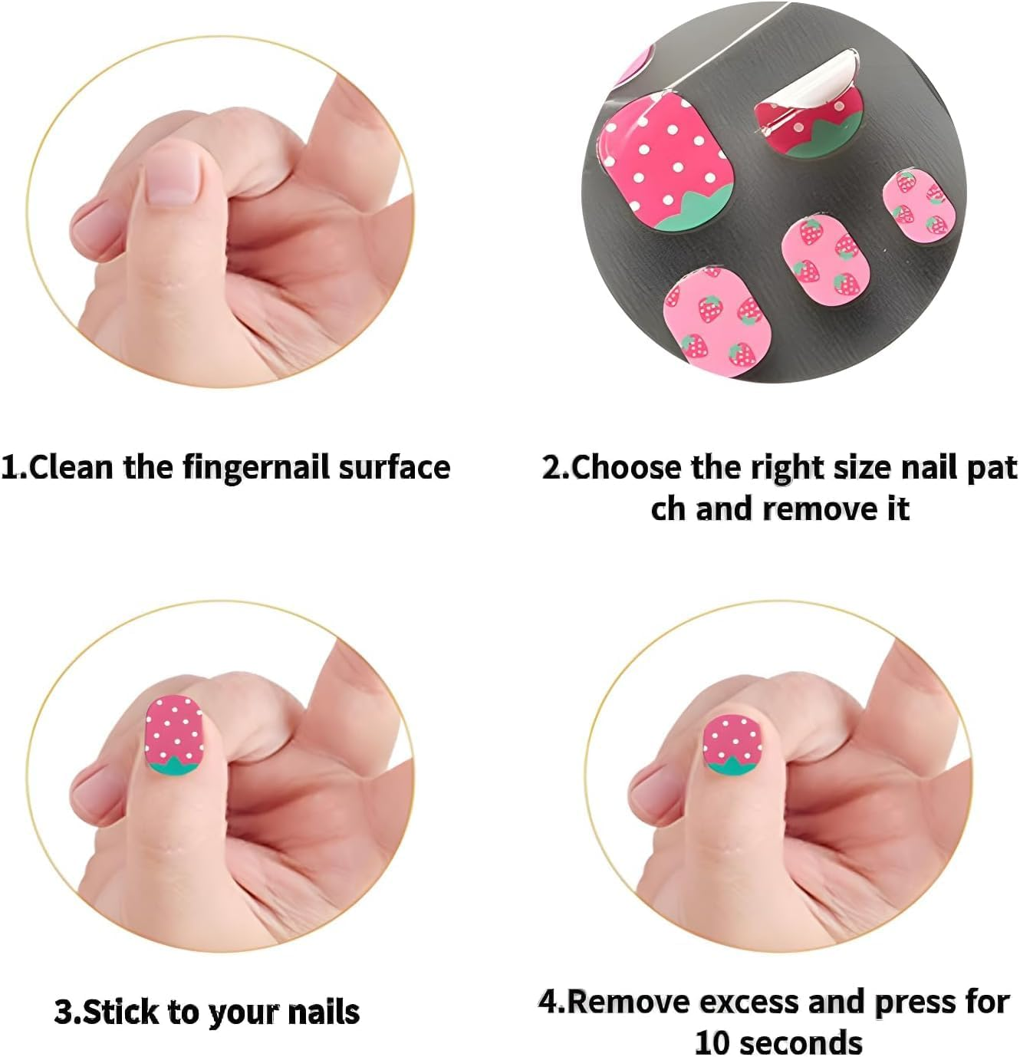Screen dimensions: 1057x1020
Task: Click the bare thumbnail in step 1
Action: click(x=173, y=176)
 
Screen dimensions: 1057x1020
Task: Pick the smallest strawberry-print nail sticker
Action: click(x=917, y=203)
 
